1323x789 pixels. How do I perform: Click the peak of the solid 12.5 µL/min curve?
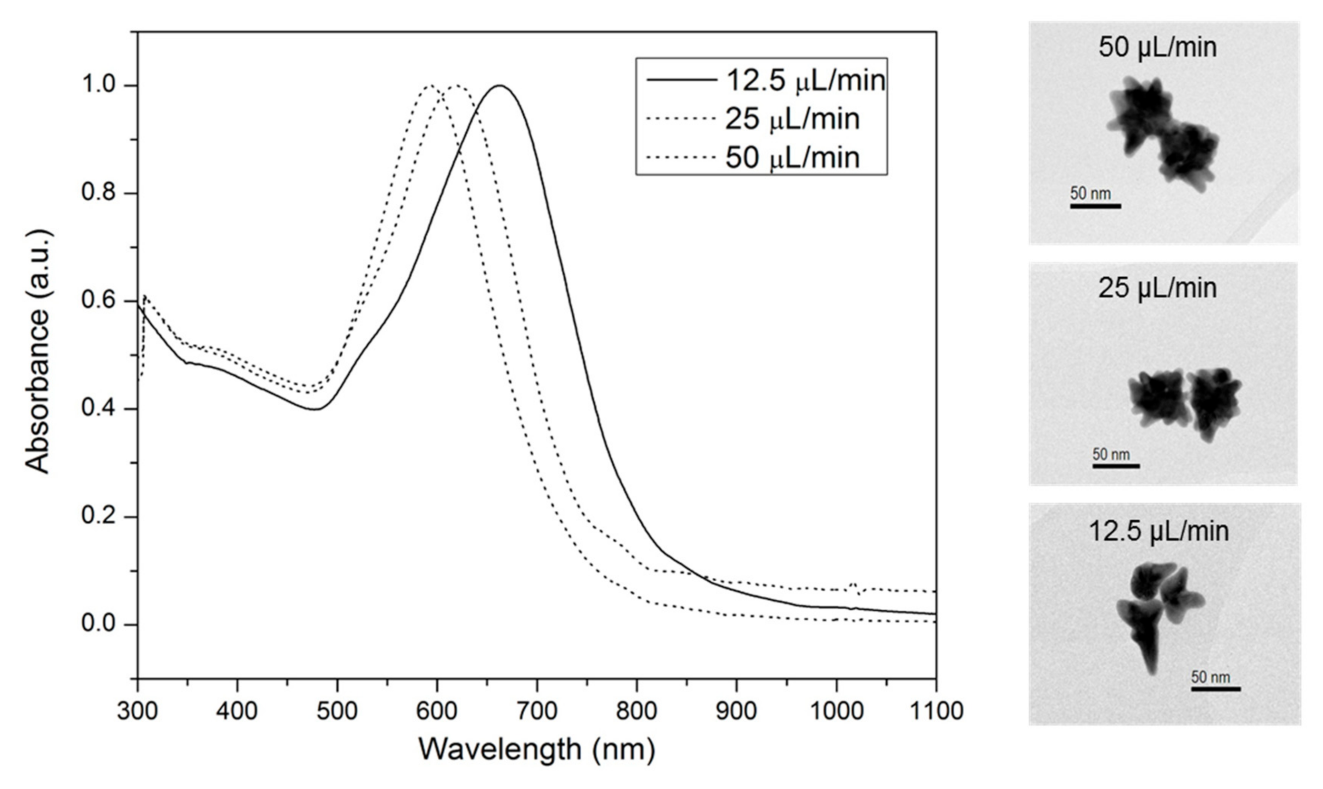(x=500, y=86)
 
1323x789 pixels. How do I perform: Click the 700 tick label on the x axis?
(x=537, y=711)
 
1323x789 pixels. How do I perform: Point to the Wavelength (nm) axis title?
(x=537, y=750)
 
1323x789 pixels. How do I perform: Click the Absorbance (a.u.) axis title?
(x=38, y=351)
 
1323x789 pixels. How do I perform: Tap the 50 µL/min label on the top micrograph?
(x=1157, y=47)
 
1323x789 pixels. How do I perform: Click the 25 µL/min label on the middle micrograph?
(x=1157, y=288)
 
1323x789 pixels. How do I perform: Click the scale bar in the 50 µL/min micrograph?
(x=1096, y=206)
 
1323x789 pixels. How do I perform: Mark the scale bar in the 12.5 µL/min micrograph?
(x=1215, y=689)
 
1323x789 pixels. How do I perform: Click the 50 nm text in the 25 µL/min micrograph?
(x=1111, y=455)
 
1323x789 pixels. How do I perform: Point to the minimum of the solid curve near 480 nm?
(x=316, y=409)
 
